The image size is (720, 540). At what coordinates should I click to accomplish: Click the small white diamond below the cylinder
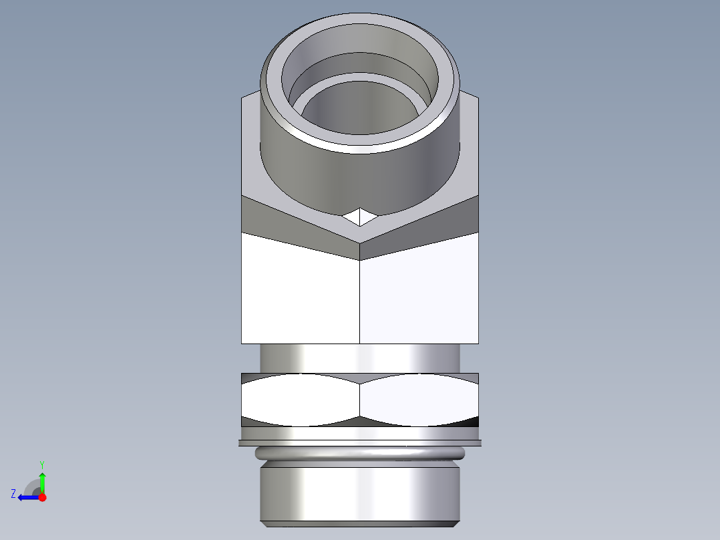[x=359, y=217]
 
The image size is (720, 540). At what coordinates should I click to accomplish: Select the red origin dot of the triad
[x=42, y=497]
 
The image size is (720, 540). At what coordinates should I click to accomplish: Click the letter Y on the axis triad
[x=41, y=464]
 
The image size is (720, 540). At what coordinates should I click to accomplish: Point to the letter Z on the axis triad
[x=13, y=494]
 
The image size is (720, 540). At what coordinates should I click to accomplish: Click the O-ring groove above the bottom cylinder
[x=359, y=453]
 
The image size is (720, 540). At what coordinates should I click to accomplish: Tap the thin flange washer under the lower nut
[x=359, y=442]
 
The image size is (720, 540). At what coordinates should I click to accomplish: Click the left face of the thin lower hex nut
[x=301, y=400]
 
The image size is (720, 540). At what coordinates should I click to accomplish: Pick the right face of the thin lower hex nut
[x=419, y=400]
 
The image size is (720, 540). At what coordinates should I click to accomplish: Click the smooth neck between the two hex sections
[x=359, y=358]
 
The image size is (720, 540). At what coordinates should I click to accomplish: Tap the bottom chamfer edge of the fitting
[x=359, y=523]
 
